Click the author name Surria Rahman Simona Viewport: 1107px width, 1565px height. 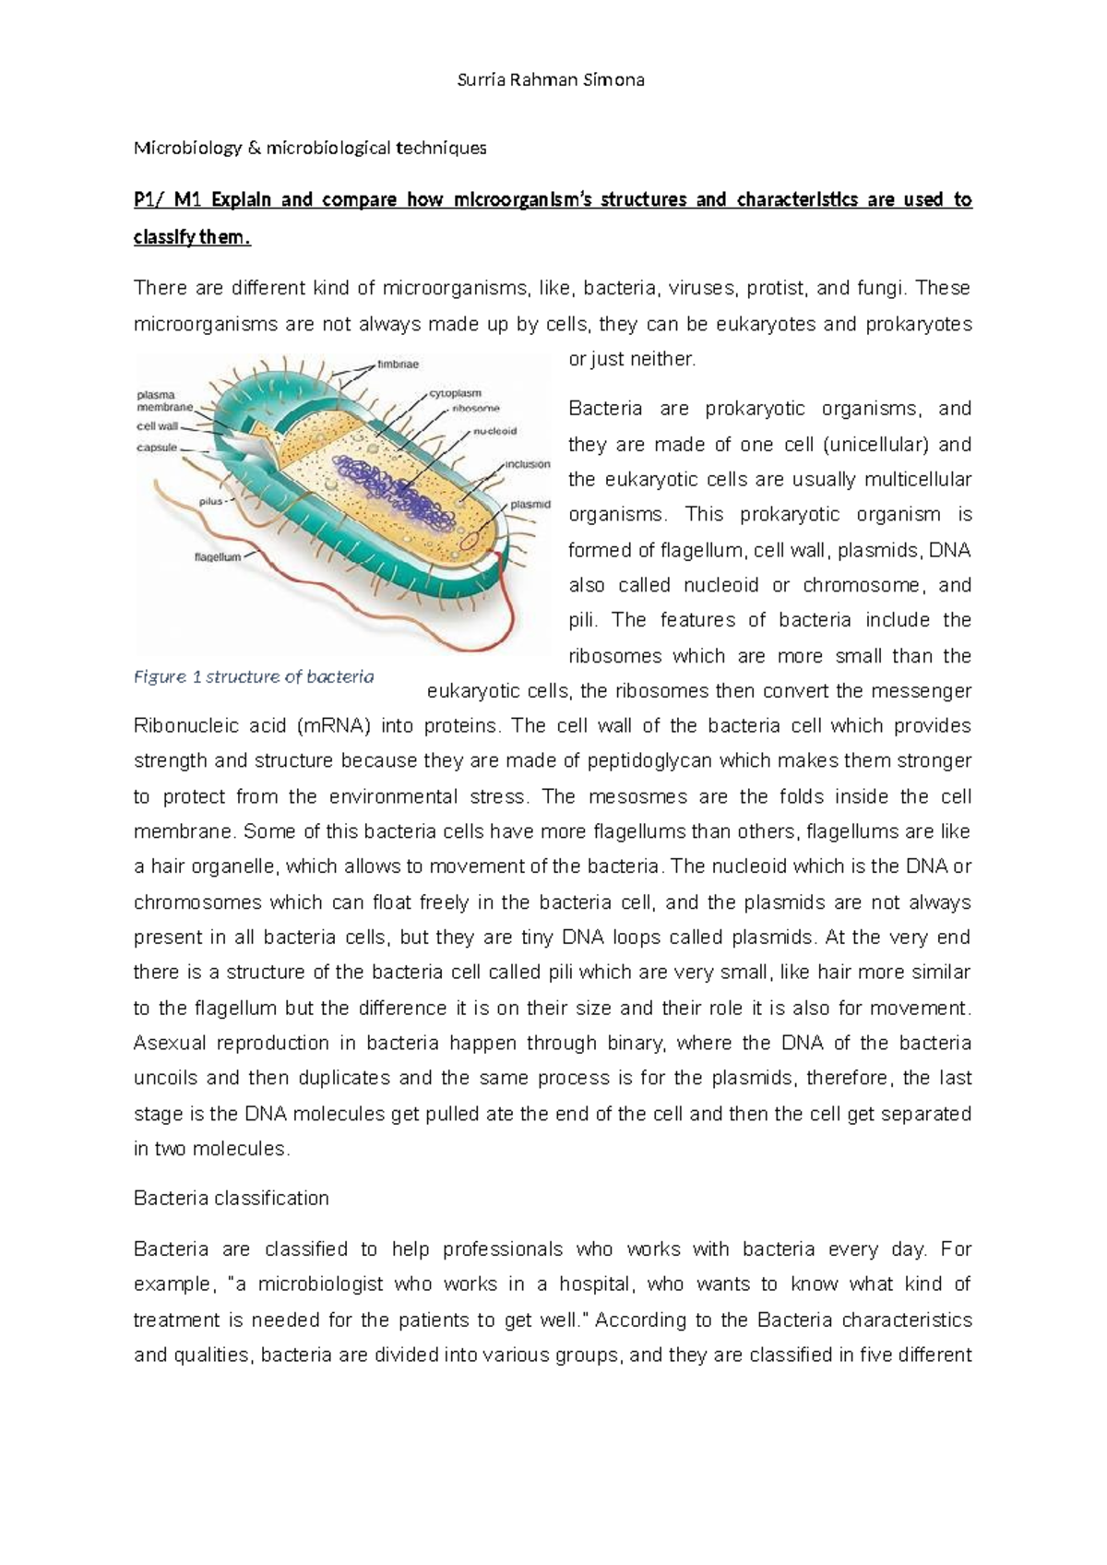pyautogui.click(x=552, y=79)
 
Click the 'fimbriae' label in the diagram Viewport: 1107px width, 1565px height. pyautogui.click(x=398, y=364)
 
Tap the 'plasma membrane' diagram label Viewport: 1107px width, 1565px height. pyautogui.click(x=165, y=400)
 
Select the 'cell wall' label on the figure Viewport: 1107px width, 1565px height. pyautogui.click(x=157, y=426)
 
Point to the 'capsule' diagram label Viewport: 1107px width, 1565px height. pyautogui.click(x=157, y=448)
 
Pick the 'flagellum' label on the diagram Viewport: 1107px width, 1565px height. pyautogui.click(x=218, y=556)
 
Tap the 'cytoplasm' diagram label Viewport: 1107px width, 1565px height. pyautogui.click(x=455, y=393)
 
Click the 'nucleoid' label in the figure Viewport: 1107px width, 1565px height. pyautogui.click(x=495, y=430)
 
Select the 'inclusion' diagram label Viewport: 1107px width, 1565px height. pyautogui.click(x=528, y=464)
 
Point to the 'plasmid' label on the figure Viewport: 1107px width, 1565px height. pyautogui.click(x=531, y=505)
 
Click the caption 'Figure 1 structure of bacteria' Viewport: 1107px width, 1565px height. pyautogui.click(x=254, y=676)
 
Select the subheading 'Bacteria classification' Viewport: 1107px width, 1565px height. pyautogui.click(x=231, y=1198)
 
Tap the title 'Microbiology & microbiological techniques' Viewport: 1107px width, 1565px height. pyautogui.click(x=310, y=148)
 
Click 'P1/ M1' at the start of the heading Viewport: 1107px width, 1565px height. pyautogui.click(x=166, y=199)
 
